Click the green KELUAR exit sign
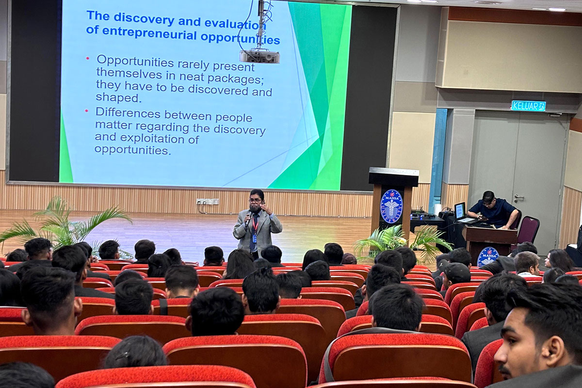tap(528, 106)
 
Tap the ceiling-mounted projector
tap(259, 56)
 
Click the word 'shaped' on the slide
tap(111, 97)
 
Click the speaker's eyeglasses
tap(255, 200)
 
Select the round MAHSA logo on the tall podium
tap(391, 206)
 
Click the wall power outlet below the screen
tap(208, 201)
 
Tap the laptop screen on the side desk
tap(459, 210)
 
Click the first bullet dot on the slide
tap(88, 59)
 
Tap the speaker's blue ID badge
tap(254, 239)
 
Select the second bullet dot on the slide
tap(87, 111)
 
